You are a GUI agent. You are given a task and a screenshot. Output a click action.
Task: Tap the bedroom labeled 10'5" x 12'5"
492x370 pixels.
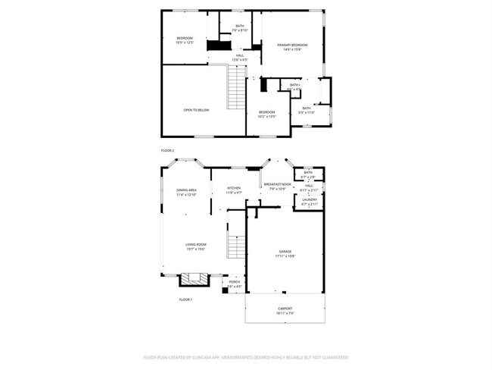click(185, 40)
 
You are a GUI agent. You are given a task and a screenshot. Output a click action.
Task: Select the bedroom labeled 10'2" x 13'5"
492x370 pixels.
click(266, 114)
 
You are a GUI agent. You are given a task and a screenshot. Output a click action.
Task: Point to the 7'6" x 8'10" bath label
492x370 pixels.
click(239, 28)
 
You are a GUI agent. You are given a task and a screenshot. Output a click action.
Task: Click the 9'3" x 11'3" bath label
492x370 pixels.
click(306, 111)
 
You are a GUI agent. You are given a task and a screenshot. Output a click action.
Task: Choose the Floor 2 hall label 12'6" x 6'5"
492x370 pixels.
click(239, 57)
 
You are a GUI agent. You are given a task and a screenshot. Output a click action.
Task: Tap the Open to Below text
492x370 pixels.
click(196, 110)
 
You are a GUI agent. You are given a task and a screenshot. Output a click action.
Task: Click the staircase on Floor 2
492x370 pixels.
click(237, 87)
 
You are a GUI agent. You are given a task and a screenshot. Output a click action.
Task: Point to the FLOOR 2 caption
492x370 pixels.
click(167, 151)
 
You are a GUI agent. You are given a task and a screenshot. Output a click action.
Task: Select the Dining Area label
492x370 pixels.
click(186, 192)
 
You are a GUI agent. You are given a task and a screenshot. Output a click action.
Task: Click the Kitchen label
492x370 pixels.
click(234, 190)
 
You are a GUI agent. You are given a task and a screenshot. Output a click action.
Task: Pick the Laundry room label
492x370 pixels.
click(309, 202)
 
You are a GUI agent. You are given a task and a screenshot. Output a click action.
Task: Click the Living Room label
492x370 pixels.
click(196, 246)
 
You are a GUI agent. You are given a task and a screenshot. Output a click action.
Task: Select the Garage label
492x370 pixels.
click(285, 253)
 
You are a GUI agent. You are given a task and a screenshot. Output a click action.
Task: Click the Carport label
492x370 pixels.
click(285, 310)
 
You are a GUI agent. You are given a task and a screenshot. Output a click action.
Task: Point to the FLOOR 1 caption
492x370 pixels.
click(185, 299)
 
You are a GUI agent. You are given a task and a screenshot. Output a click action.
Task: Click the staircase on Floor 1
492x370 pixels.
click(238, 237)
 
